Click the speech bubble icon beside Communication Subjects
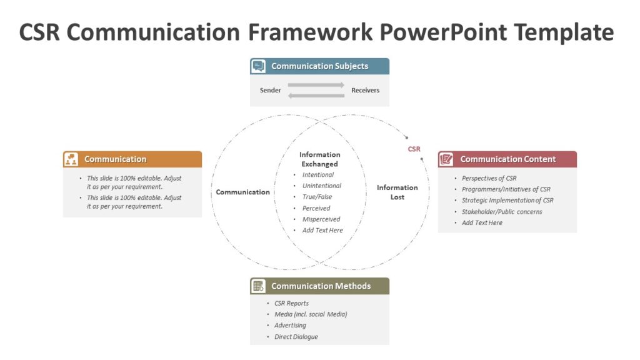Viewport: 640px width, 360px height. [x=258, y=66]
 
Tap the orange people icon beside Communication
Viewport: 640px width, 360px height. [x=71, y=159]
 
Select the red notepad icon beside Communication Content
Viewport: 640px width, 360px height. [x=446, y=159]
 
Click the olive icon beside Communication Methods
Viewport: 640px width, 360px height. [x=258, y=286]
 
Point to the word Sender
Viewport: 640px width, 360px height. [x=271, y=91]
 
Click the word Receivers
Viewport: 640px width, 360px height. [x=365, y=91]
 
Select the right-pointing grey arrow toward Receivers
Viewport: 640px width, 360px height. [x=316, y=85]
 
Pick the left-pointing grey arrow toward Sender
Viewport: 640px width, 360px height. [x=316, y=95]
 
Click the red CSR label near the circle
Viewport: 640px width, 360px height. [x=414, y=149]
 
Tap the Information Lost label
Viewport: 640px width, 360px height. [x=397, y=192]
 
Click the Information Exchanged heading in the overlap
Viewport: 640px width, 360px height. [x=319, y=159]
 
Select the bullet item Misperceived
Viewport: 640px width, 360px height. [x=321, y=219]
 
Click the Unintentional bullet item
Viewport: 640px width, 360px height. [x=322, y=186]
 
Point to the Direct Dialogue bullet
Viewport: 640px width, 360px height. [x=296, y=337]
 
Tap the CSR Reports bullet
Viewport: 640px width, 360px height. [x=291, y=303]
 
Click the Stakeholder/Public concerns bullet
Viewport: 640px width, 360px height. [x=502, y=212]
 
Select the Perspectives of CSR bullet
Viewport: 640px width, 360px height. [x=489, y=178]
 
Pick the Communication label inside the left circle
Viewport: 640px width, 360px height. [x=243, y=192]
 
